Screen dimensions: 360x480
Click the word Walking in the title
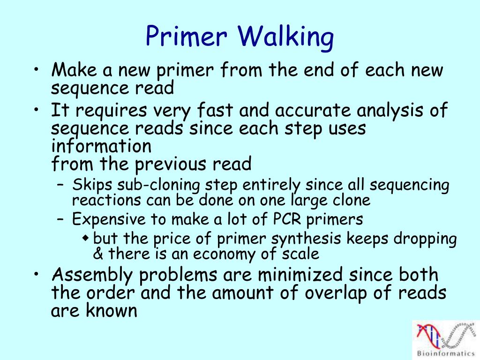point(286,37)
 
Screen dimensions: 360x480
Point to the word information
point(101,146)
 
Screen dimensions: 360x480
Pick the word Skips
point(89,185)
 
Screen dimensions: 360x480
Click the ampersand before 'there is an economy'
point(98,255)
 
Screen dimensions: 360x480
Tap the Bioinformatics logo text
point(445,352)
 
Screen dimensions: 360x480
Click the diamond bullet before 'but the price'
point(85,238)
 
